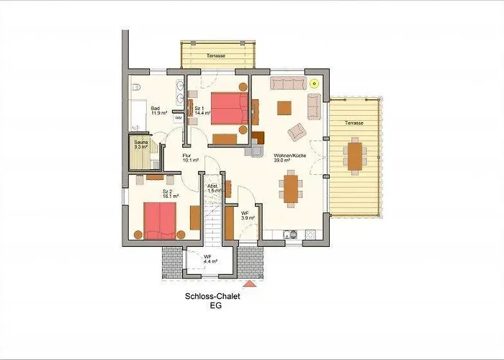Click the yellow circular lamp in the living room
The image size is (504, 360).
click(x=315, y=81)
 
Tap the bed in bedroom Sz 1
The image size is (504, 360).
click(x=229, y=108)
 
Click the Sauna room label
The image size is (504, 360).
click(x=140, y=145)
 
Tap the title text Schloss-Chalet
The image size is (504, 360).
click(x=212, y=295)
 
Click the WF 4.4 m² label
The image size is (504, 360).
click(x=207, y=259)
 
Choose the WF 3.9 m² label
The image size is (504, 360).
click(x=246, y=215)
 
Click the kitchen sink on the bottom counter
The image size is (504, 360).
click(x=291, y=233)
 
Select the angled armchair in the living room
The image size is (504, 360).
click(x=296, y=132)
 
